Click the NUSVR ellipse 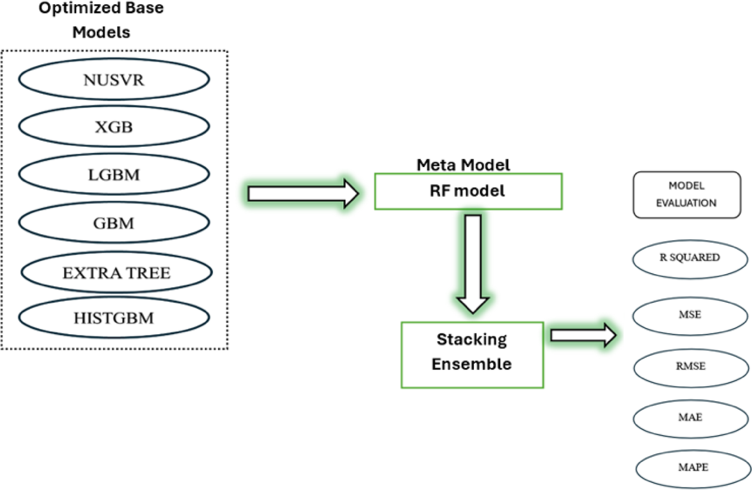click(114, 79)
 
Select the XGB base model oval click(114, 127)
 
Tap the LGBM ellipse click(114, 174)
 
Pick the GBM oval click(114, 223)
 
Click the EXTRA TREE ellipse click(116, 272)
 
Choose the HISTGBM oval click(114, 318)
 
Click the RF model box click(468, 191)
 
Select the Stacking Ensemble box click(472, 355)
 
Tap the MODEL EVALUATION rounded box click(687, 195)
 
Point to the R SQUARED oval click(690, 258)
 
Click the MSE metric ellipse click(690, 315)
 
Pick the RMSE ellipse click(690, 367)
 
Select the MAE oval click(690, 418)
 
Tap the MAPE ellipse click(693, 468)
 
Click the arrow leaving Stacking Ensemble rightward click(582, 335)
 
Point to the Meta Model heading click(463, 165)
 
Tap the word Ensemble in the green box click(471, 364)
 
